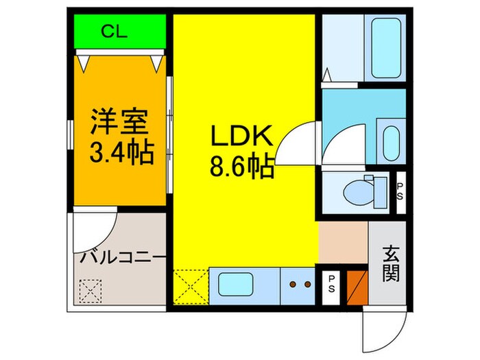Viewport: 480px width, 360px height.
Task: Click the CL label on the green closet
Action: point(118,32)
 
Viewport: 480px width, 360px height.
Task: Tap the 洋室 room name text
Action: point(119,124)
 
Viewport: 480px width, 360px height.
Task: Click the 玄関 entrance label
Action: point(389,262)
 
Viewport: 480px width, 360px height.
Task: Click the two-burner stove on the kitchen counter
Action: point(298,283)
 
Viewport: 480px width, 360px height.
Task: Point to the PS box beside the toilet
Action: point(400,188)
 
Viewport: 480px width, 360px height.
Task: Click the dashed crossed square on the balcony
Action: point(90,291)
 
